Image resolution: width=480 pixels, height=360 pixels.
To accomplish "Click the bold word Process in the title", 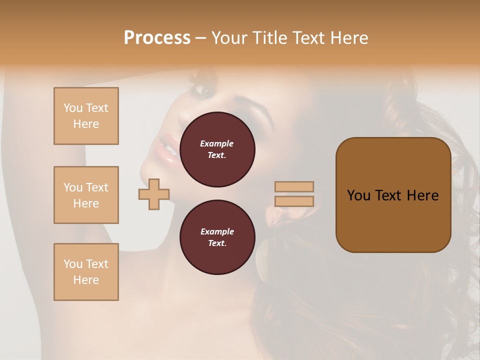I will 157,38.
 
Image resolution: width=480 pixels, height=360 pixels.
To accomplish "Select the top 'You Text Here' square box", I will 86,116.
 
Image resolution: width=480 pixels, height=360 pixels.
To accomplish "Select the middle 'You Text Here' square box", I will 86,195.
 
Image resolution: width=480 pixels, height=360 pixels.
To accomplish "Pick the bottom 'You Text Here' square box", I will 86,272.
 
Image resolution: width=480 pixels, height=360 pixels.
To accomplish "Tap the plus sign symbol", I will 154,194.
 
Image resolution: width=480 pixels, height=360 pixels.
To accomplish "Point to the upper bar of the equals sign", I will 294,186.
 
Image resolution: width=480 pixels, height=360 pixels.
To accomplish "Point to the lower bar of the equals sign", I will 294,201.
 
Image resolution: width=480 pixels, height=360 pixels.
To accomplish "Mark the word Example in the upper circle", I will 217,143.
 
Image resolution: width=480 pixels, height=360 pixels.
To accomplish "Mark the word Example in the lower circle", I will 217,231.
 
